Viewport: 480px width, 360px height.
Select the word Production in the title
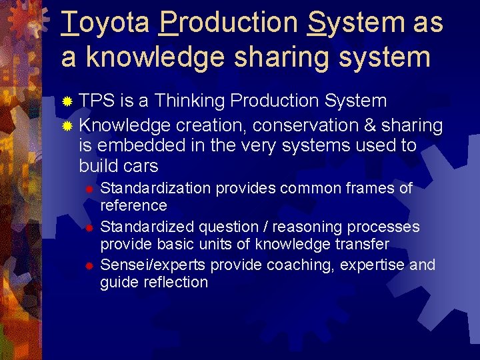pos(229,23)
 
